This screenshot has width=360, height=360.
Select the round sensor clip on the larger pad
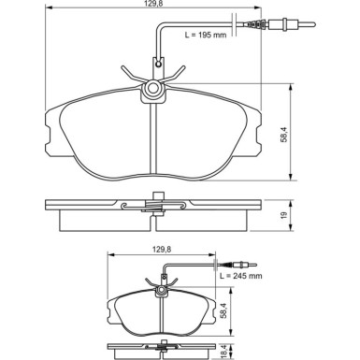click(151, 90)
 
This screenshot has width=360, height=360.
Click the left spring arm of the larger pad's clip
click(132, 74)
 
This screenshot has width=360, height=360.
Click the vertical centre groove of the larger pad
click(151, 140)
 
